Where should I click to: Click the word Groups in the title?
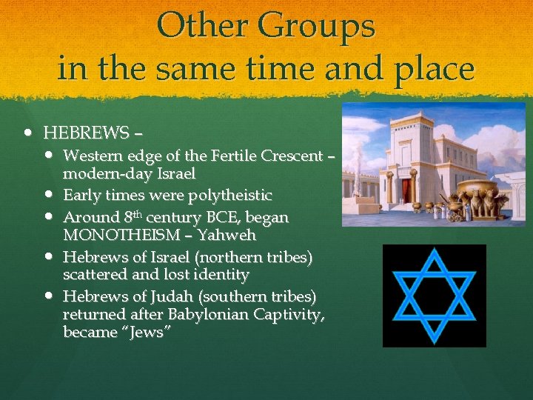point(318,27)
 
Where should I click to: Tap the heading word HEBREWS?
point(86,134)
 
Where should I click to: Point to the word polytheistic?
point(232,196)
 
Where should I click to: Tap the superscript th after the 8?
point(138,215)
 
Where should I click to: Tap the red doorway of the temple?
point(406,187)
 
